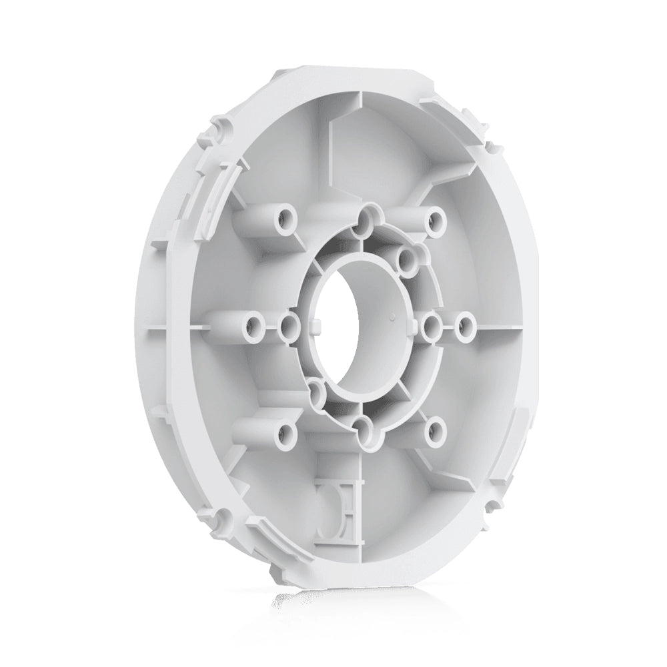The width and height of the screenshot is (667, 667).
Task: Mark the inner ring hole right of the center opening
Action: pyautogui.click(x=432, y=325)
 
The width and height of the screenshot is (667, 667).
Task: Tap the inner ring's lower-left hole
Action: pyautogui.click(x=315, y=389)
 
